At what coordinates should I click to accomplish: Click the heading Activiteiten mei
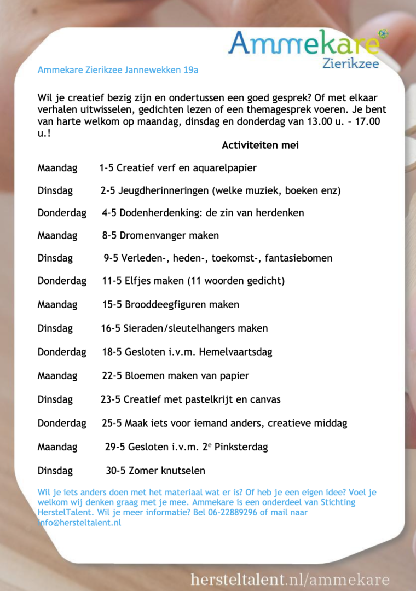[x=260, y=146]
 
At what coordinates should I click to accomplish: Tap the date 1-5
[x=106, y=168]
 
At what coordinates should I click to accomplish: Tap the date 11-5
[x=112, y=281]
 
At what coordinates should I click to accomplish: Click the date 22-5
[x=112, y=376]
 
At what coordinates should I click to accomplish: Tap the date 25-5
[x=112, y=423]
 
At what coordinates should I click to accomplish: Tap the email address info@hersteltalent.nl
[x=79, y=523]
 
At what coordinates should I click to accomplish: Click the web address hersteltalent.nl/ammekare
[x=290, y=580]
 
